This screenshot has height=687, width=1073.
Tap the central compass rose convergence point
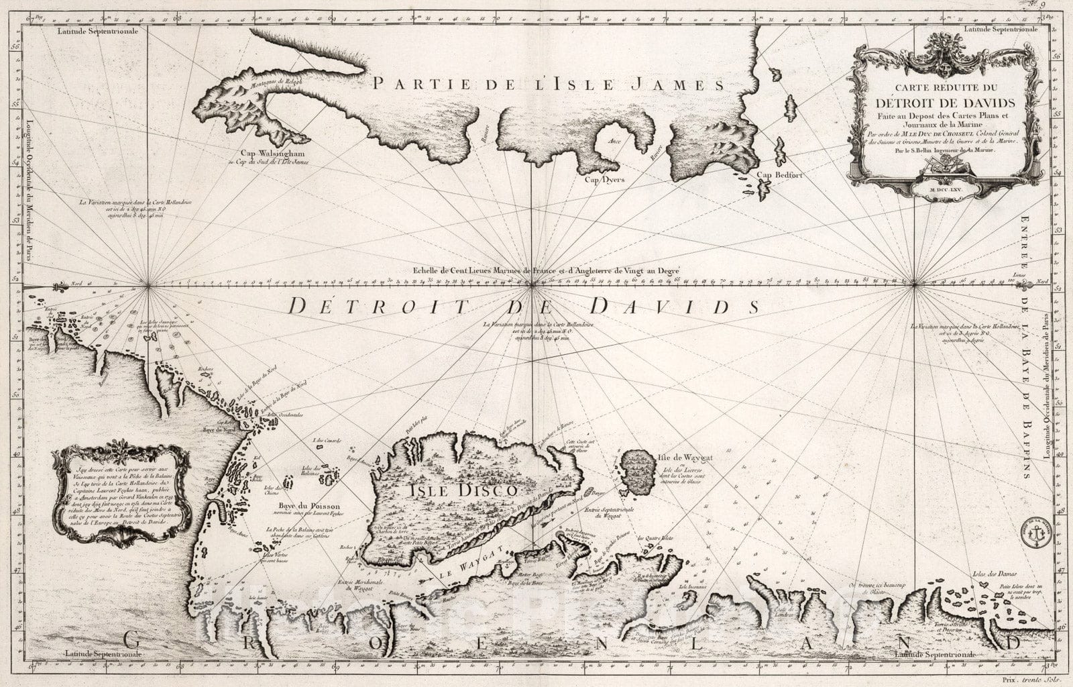point(532,285)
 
